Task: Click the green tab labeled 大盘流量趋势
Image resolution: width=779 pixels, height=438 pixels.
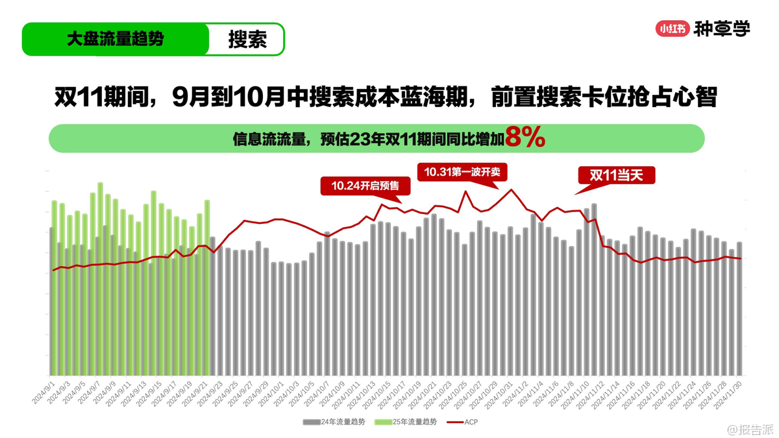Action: coord(116,39)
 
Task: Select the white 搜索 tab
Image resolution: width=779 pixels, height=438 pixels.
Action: coord(247,40)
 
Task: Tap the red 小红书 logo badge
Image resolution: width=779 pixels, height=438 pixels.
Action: coord(672,29)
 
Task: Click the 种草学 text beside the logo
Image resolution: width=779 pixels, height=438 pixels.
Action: coord(722,29)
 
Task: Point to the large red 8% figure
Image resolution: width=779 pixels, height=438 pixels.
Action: coord(525,138)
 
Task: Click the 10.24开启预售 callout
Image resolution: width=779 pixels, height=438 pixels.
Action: coord(367,186)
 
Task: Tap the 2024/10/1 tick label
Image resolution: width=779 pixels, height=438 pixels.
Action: coord(273,392)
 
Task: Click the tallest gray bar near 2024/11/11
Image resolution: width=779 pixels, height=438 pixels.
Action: coord(594,289)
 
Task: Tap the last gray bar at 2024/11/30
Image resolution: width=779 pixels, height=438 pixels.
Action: coord(739,309)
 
